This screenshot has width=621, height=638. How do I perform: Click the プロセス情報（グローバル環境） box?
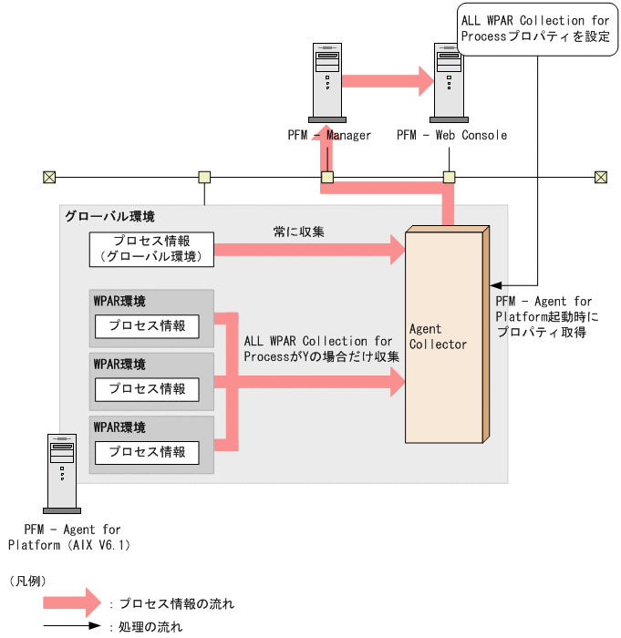point(151,249)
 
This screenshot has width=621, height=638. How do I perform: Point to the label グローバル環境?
point(109,217)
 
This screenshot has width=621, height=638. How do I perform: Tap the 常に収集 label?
point(299,232)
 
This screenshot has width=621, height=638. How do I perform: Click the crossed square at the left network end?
point(49,177)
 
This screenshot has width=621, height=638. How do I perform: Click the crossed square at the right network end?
point(601,177)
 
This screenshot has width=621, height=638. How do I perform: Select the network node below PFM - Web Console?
point(449,177)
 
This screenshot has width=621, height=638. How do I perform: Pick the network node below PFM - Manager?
point(327,177)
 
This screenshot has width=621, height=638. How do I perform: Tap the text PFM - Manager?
point(329,136)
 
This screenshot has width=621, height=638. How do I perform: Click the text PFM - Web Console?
point(451,136)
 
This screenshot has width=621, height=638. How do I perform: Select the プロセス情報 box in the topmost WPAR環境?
point(147,326)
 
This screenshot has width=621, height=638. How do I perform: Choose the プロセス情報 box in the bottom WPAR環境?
point(147,452)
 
